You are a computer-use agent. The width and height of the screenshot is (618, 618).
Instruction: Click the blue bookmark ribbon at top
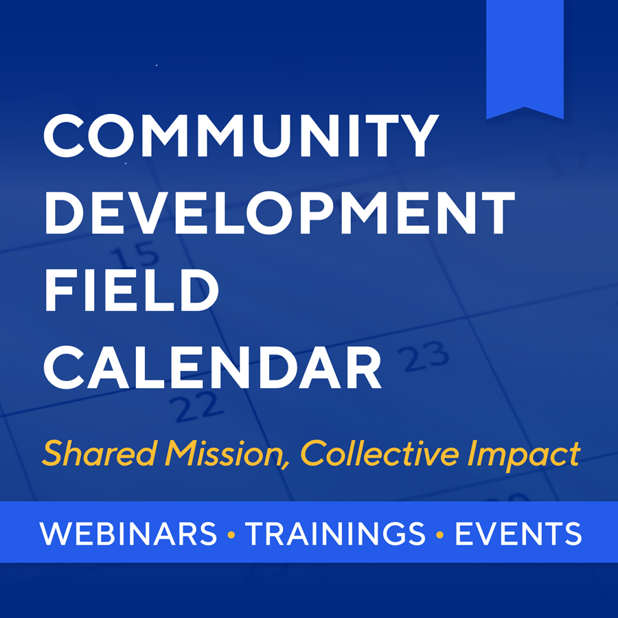[x=525, y=55]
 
